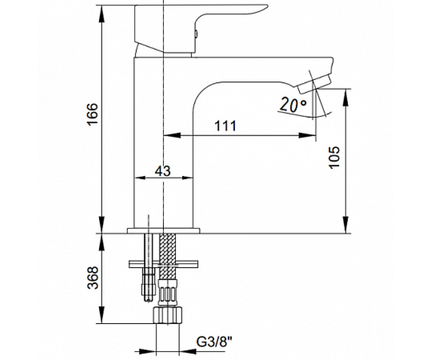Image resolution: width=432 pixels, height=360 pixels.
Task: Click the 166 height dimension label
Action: coord(93,114)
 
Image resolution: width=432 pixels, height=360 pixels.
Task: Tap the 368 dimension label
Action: coord(93,278)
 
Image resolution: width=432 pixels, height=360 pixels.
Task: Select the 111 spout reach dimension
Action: coord(225,126)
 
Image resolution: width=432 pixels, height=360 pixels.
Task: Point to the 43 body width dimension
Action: coord(163,171)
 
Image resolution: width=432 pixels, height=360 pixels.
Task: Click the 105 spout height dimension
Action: coord(334,158)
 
